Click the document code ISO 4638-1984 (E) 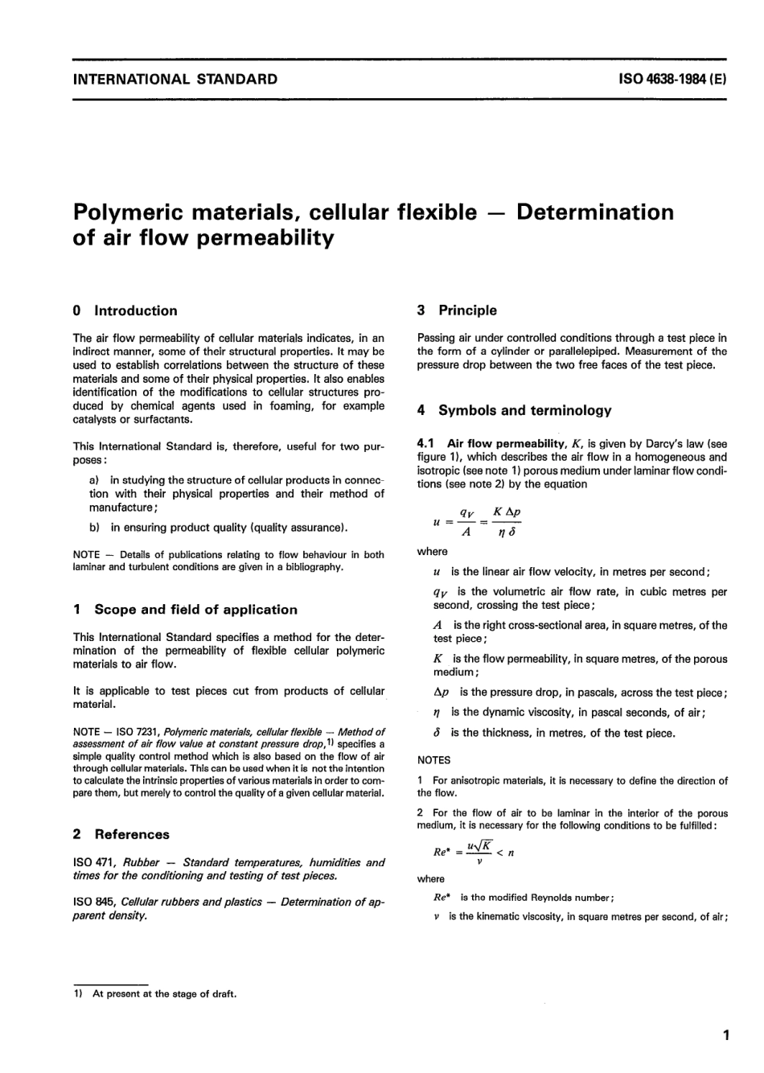[x=672, y=79]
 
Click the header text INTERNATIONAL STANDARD [x=175, y=79]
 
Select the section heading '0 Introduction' [x=125, y=310]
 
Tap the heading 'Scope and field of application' [x=195, y=610]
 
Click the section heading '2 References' [x=121, y=834]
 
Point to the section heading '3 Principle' [x=457, y=310]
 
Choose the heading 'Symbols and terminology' [x=524, y=410]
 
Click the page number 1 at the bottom [x=725, y=1035]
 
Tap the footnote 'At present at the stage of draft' [x=164, y=993]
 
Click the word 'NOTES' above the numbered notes [x=434, y=760]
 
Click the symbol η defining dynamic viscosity [x=437, y=713]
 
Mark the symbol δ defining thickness [x=437, y=733]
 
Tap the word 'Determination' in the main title [x=594, y=212]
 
